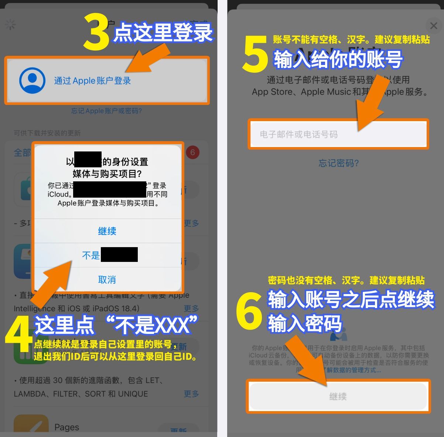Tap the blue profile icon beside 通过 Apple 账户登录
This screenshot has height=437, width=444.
[33, 81]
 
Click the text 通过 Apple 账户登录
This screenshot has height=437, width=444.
[92, 81]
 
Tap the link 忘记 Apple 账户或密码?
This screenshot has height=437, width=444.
[106, 111]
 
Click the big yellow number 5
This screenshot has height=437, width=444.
[255, 55]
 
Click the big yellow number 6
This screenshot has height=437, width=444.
[249, 311]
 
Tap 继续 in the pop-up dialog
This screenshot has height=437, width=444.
[107, 231]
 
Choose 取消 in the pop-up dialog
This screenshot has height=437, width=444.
[107, 280]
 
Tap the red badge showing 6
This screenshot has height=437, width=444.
[192, 152]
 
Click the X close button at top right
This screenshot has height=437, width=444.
[434, 26]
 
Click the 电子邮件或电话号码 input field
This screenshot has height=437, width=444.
[338, 134]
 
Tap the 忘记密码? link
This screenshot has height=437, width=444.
[338, 163]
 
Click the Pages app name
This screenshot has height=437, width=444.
[66, 427]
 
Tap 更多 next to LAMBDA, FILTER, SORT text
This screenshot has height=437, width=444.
[191, 394]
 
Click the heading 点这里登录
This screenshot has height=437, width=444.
[163, 33]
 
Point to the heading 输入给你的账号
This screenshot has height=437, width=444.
[338, 59]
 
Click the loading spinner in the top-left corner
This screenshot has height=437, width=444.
[10, 25]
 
